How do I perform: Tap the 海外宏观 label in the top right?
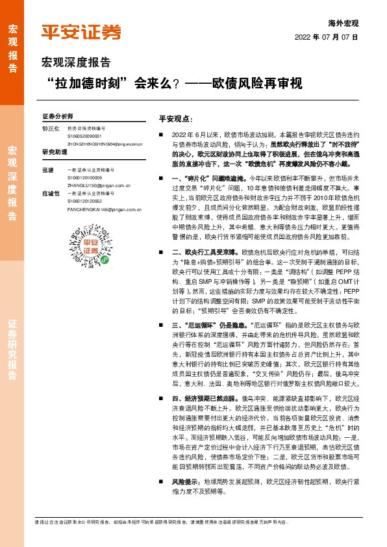345,23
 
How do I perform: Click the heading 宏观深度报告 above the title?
76,63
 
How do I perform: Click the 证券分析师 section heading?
58,114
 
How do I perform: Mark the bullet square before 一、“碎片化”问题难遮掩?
162,177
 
